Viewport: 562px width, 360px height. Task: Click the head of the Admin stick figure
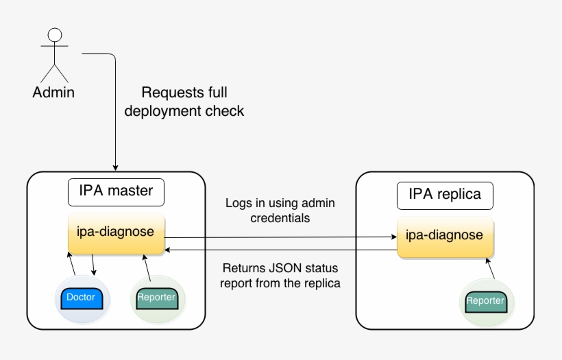[x=55, y=35]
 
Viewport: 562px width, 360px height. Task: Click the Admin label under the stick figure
[x=53, y=93]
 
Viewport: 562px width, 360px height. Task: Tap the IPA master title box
[x=116, y=191]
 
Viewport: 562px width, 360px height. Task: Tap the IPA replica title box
[x=445, y=195]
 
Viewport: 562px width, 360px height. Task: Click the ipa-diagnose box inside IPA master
[x=116, y=232]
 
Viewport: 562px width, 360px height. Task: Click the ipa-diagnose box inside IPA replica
[x=445, y=236]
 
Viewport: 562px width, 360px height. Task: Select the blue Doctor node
[x=81, y=298]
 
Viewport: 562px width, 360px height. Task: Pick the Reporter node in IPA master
[x=156, y=298]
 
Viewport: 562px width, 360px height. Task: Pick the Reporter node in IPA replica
[x=485, y=301]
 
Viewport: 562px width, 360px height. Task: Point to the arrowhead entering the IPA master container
[x=115, y=167]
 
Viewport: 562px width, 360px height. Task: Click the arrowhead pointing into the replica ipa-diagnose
[x=393, y=237]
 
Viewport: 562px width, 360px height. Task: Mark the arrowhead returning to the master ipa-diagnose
[x=169, y=251]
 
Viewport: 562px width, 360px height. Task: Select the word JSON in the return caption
[x=284, y=268]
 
